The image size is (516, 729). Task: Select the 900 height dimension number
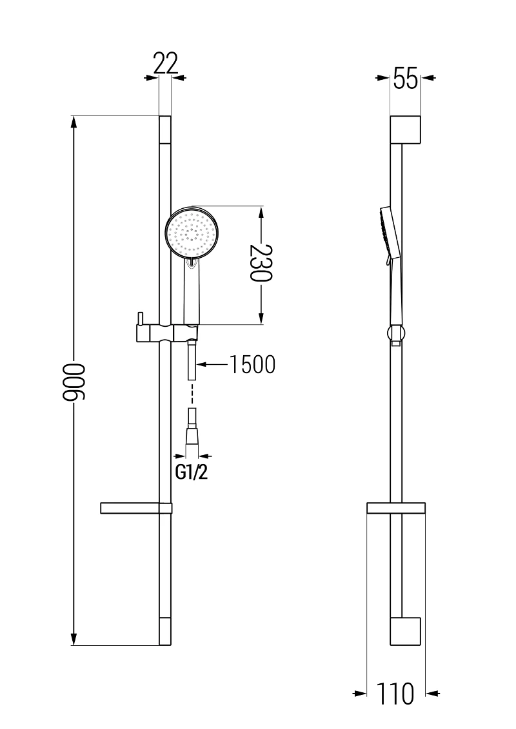74,382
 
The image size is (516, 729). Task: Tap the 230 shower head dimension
261,264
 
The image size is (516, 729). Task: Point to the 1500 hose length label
252,365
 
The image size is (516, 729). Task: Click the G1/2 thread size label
192,472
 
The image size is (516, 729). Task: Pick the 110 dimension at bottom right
395,694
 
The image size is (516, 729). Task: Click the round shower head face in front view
192,233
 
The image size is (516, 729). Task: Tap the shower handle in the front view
192,293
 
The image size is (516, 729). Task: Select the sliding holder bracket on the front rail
166,333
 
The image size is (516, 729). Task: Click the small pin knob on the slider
139,320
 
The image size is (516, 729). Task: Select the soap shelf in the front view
136,508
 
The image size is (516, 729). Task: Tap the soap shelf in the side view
396,508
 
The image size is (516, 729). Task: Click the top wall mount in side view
406,130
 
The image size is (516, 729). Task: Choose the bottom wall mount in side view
406,632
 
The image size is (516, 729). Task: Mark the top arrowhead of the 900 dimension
74,122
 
